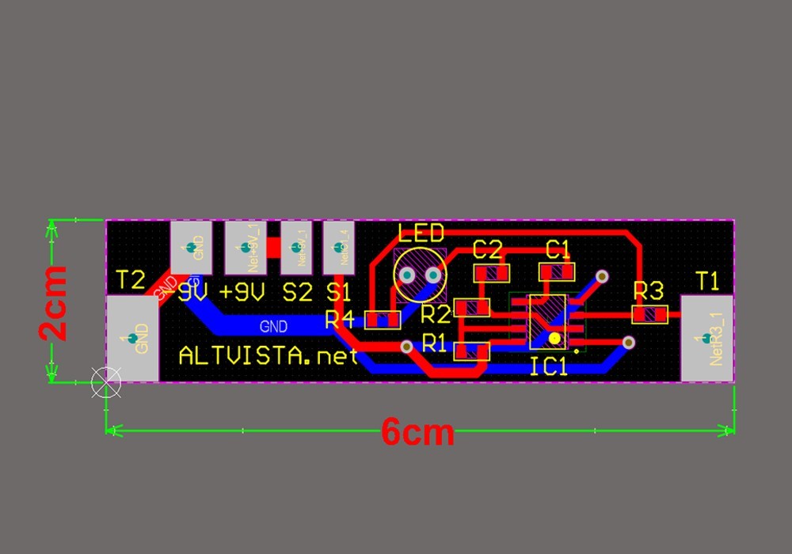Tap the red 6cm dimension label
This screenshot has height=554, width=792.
click(x=417, y=434)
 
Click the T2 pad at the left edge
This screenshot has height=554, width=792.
click(x=131, y=339)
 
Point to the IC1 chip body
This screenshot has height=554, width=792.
click(x=547, y=321)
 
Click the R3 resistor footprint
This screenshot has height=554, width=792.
click(x=650, y=314)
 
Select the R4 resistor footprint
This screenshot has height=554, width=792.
click(x=383, y=321)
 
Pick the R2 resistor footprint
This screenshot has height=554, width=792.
click(x=471, y=307)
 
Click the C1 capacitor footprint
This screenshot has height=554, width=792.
click(x=557, y=272)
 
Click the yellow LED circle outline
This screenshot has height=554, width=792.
click(x=419, y=275)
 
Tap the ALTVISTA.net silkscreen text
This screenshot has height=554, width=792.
click(x=268, y=357)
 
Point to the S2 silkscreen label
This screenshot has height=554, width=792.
click(x=297, y=292)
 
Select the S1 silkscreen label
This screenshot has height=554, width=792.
click(x=338, y=292)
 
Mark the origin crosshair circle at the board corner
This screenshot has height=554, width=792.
click(x=106, y=383)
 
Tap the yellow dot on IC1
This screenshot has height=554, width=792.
click(x=554, y=339)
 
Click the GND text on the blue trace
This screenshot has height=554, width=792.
click(x=274, y=325)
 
